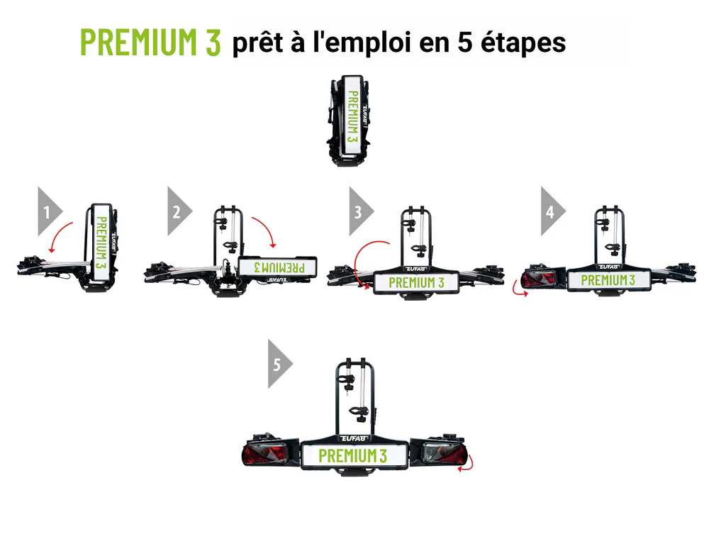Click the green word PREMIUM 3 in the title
point(150,43)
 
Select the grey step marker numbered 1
point(47,211)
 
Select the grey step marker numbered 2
point(177,211)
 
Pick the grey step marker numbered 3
point(359,211)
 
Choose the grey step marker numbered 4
point(550,211)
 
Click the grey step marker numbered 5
point(278,364)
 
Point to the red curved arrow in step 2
point(265,229)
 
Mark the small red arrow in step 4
point(521,291)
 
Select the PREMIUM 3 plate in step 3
point(416,282)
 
